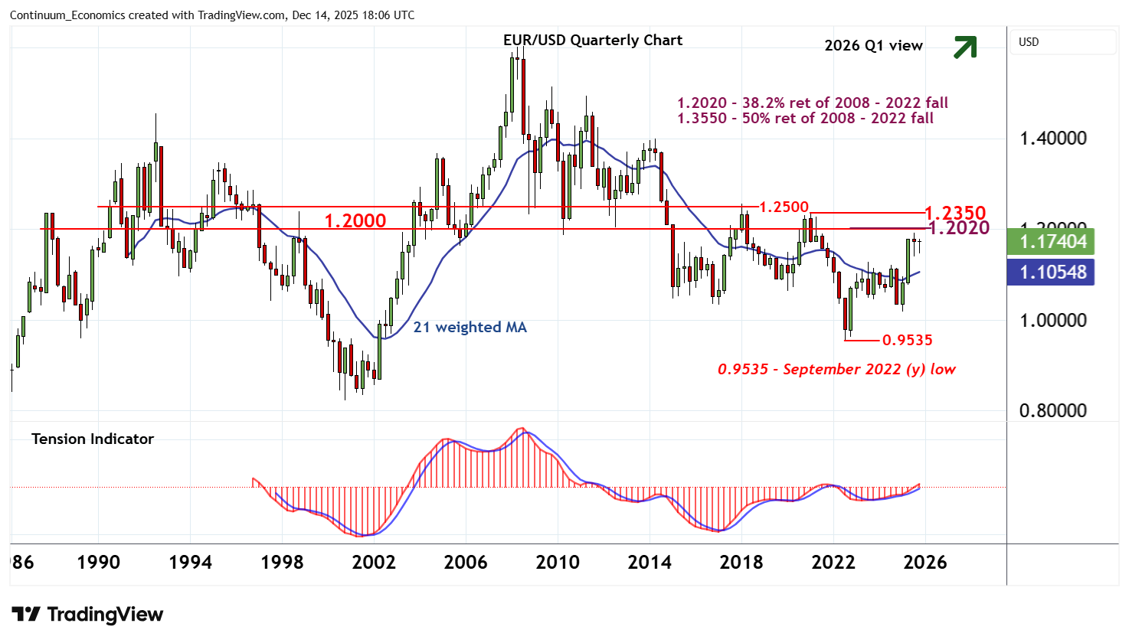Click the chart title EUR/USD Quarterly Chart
[x=592, y=41]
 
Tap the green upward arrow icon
[x=965, y=47]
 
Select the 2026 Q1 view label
[x=873, y=46]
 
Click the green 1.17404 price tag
[x=1052, y=242]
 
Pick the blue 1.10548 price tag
[x=1052, y=273]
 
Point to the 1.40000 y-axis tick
[x=1052, y=139]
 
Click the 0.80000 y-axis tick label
[x=1052, y=411]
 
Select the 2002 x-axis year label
[x=374, y=563]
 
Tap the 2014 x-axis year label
[x=650, y=563]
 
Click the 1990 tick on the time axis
[x=99, y=563]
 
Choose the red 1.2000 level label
[x=355, y=221]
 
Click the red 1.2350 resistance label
[x=955, y=213]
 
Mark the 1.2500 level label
[x=784, y=207]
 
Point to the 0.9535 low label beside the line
[x=908, y=340]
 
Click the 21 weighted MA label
[x=470, y=328]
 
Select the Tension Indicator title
[x=93, y=439]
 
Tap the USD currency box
[x=1029, y=42]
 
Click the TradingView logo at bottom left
[x=87, y=615]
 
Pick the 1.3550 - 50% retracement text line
[x=805, y=119]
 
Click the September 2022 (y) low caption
[x=836, y=370]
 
